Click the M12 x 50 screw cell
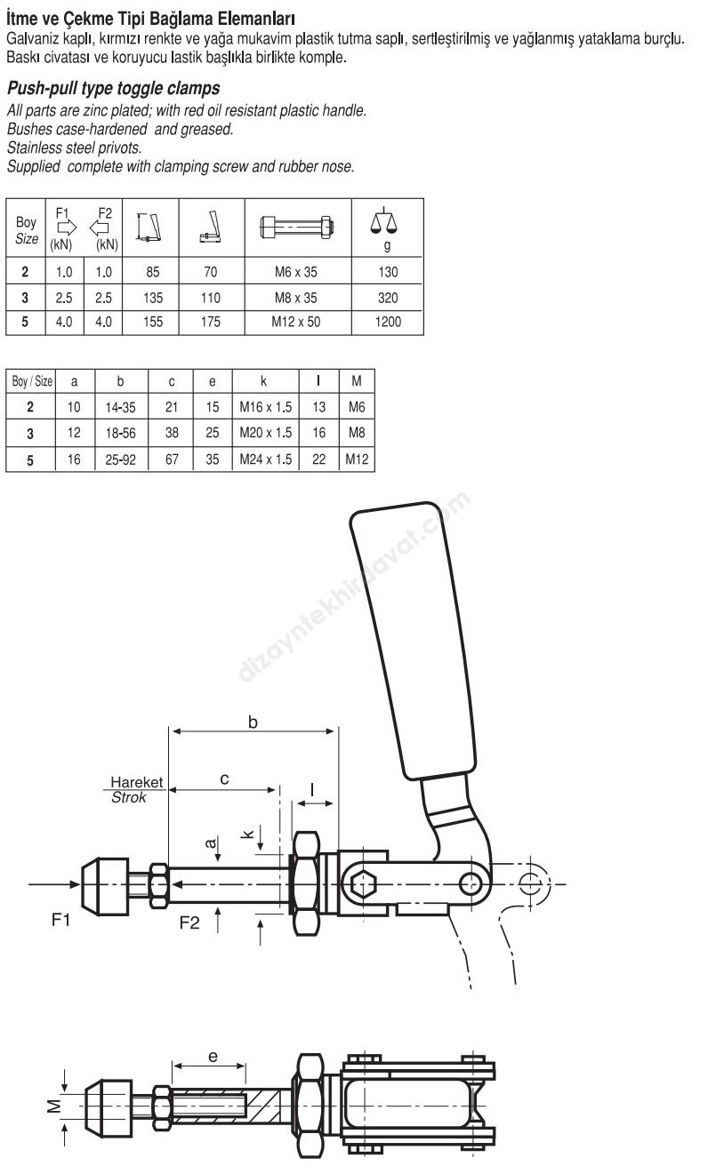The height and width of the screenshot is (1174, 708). point(296,322)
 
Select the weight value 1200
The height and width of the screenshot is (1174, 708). point(388,322)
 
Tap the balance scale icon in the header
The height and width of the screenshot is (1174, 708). point(383,220)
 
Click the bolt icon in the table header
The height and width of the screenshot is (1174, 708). point(297,227)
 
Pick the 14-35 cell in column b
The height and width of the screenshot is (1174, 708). point(121,407)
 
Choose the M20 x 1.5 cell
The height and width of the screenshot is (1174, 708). point(265,433)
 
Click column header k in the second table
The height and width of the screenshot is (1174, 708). point(264,381)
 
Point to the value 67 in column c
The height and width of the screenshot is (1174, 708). point(172,459)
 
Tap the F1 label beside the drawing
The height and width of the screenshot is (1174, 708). point(60,919)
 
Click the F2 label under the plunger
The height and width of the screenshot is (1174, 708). point(189,922)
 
